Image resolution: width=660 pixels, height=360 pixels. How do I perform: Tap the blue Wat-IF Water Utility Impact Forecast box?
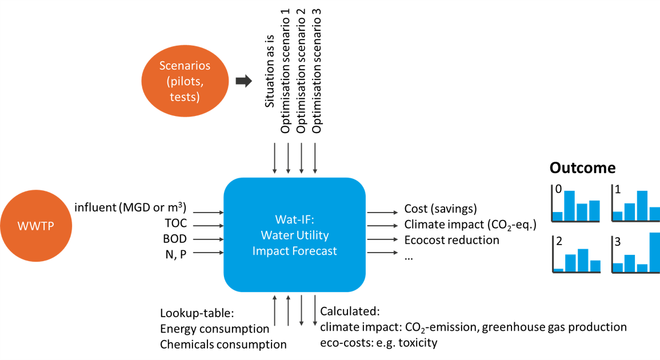(294, 235)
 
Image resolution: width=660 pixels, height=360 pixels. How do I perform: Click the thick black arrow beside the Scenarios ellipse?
(244, 81)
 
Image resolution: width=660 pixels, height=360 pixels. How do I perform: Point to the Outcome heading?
(582, 168)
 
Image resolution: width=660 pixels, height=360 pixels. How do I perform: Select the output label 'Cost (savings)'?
(440, 209)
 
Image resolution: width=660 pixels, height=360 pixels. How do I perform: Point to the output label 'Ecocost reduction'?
(451, 240)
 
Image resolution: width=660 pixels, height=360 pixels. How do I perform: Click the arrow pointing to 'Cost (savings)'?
(379, 211)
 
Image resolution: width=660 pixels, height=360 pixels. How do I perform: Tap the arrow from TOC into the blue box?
(209, 225)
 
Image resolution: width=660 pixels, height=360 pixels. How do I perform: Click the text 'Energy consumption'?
(214, 329)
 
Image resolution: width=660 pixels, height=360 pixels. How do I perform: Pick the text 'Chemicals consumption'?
(223, 345)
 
